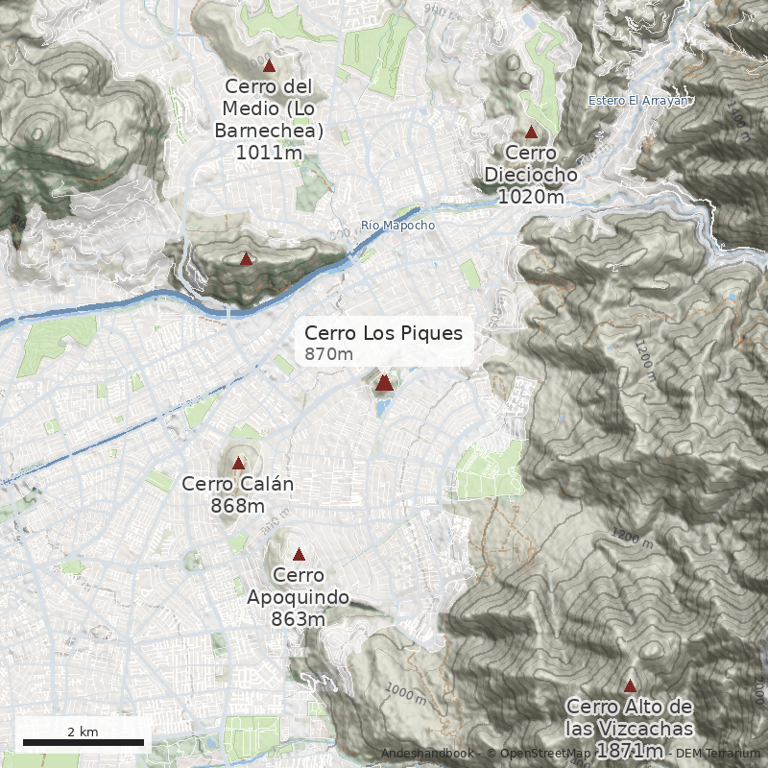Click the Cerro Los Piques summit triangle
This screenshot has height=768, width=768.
coord(384,383)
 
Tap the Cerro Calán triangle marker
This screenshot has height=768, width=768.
coord(238,463)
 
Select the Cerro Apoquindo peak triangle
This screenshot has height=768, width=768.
coord(299,554)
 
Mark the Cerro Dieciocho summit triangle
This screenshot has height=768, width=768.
coord(531,132)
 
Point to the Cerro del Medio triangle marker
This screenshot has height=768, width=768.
coord(269,66)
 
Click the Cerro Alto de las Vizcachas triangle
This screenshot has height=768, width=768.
coord(630,685)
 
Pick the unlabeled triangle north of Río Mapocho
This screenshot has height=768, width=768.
coord(246,258)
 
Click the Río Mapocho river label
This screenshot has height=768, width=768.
coord(397,226)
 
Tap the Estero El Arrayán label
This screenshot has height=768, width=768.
coord(637,101)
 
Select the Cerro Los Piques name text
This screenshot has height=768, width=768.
coord(383,333)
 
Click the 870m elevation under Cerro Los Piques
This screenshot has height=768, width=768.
coord(328,355)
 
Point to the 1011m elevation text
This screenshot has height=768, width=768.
coord(269,152)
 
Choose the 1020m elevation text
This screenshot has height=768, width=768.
coord(531,197)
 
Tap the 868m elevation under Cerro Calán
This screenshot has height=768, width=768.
coord(238,506)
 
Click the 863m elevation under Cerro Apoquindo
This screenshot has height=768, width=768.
coord(299,619)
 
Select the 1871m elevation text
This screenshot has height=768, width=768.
coord(630,750)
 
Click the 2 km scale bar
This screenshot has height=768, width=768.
coord(83,741)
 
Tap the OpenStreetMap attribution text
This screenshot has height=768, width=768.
coord(540,754)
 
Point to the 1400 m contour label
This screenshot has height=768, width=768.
coord(736,121)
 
